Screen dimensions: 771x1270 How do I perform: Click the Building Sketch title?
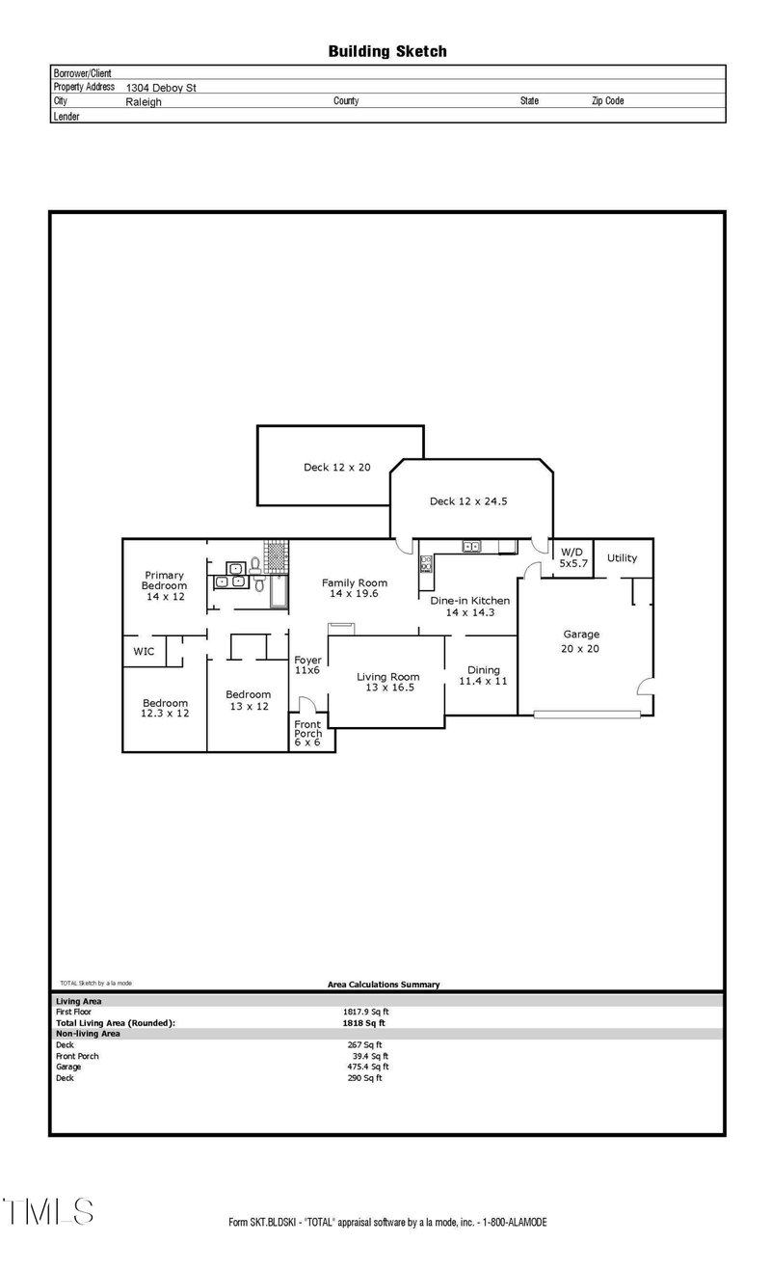(387, 52)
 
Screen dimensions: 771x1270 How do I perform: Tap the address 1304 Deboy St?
(161, 88)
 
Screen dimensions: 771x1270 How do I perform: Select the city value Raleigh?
(144, 102)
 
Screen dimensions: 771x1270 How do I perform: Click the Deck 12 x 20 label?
(337, 467)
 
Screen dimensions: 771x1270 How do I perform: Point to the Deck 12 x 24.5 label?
(468, 501)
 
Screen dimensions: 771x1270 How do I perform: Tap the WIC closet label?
(144, 652)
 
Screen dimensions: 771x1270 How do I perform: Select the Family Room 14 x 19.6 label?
(355, 588)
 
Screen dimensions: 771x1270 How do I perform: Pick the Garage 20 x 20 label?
(580, 641)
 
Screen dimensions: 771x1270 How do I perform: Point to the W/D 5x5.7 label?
(572, 558)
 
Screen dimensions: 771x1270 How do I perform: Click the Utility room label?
(622, 558)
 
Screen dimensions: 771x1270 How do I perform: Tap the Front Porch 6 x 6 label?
(307, 733)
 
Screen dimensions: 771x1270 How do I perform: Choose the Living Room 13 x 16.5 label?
(388, 682)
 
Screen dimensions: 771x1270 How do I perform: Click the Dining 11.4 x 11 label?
(483, 675)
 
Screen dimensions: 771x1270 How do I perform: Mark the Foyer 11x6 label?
(307, 665)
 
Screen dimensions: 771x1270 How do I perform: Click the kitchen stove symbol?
(426, 564)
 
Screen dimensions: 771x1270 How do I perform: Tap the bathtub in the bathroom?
(279, 591)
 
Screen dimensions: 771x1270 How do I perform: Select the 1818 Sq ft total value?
(363, 1023)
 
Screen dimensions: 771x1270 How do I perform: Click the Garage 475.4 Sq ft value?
(368, 1067)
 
